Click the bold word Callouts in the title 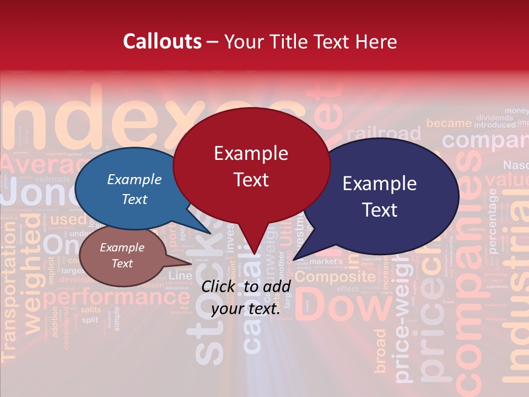click(162, 41)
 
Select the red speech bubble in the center click(251, 165)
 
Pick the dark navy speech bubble click(380, 196)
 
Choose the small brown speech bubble click(122, 256)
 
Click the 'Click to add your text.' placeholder click(246, 297)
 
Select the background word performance click(116, 298)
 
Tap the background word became click(449, 123)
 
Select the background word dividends click(495, 117)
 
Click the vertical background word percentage click(492, 221)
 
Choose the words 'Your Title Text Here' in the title click(310, 41)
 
